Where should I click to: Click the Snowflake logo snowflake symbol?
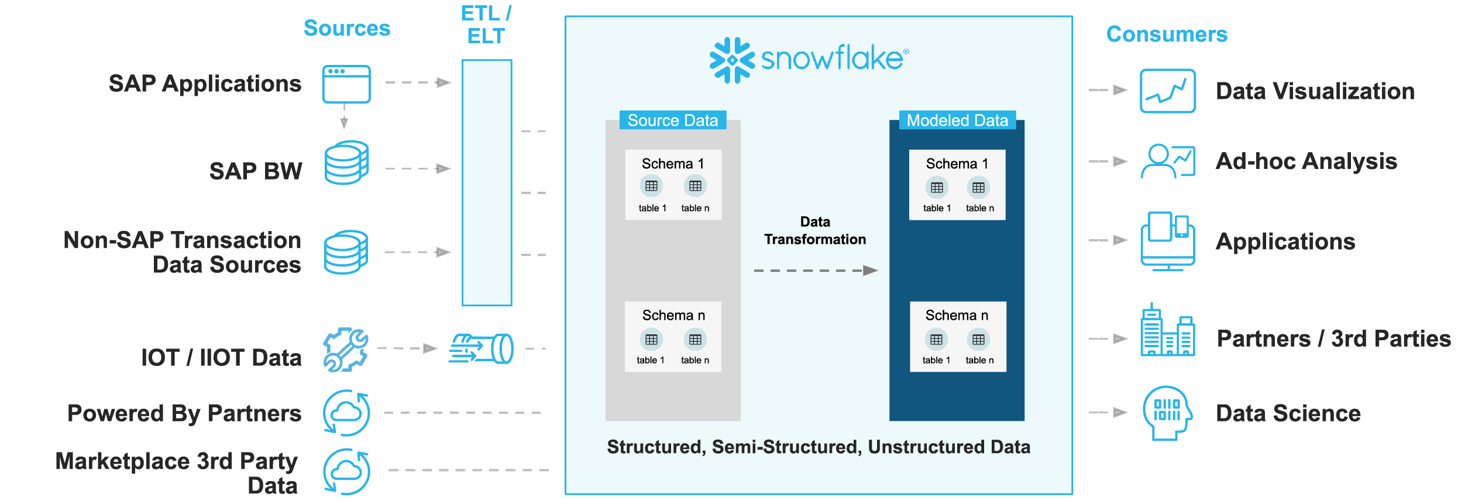(x=731, y=60)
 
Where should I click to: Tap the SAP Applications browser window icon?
(x=346, y=84)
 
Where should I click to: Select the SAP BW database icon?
(x=346, y=163)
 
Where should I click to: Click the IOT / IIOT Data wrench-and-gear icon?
(x=346, y=350)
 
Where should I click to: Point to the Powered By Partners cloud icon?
(x=346, y=413)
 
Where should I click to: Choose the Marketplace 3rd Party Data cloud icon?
(x=346, y=471)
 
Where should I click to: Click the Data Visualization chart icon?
(x=1167, y=91)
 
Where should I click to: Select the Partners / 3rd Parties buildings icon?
(x=1167, y=331)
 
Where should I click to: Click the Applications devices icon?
(x=1167, y=241)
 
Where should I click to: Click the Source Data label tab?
(x=672, y=120)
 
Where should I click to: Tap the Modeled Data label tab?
(x=957, y=120)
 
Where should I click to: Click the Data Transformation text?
(x=815, y=230)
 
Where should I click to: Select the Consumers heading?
(x=1166, y=34)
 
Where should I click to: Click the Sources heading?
(x=346, y=28)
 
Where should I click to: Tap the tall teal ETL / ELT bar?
(x=487, y=182)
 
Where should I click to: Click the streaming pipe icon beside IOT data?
(x=481, y=348)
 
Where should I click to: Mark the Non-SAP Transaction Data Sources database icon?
(x=346, y=253)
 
